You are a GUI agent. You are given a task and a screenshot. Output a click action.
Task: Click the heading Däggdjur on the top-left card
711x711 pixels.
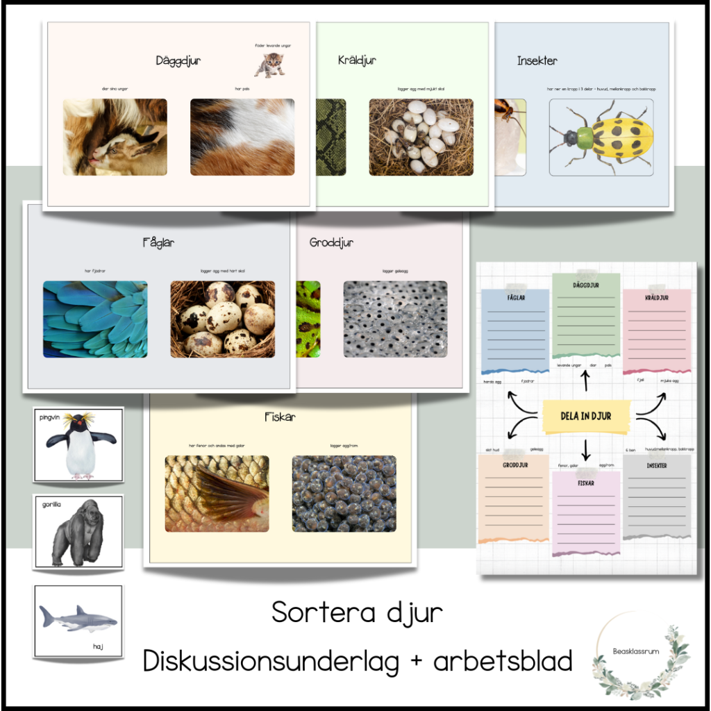tap(178, 61)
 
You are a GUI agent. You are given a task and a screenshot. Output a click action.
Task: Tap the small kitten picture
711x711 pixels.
tap(269, 65)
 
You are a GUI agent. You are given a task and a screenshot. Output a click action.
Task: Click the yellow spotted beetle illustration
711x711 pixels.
tap(601, 137)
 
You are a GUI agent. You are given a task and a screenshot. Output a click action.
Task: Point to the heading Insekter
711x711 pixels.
tap(537, 61)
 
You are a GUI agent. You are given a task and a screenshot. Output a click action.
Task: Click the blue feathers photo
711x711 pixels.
tap(95, 319)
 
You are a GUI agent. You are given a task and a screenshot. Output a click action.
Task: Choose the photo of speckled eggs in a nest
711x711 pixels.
tap(222, 319)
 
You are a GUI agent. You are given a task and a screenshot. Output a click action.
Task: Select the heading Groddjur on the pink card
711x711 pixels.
tap(331, 243)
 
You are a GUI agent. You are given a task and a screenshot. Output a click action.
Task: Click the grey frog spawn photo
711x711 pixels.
tap(395, 319)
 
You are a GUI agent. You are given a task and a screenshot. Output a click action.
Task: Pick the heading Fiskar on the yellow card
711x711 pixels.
tap(280, 417)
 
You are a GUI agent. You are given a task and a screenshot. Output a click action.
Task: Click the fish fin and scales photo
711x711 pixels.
tap(217, 494)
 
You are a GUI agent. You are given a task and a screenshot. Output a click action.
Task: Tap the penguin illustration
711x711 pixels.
tap(81, 446)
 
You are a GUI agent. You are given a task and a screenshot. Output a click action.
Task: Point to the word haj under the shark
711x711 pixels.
tap(98, 646)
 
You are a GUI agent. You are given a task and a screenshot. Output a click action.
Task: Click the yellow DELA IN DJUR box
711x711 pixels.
tap(585, 416)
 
